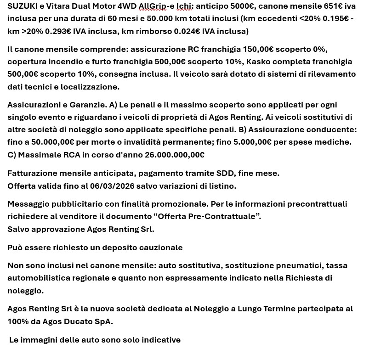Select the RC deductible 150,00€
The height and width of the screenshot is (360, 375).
click(x=251, y=49)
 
